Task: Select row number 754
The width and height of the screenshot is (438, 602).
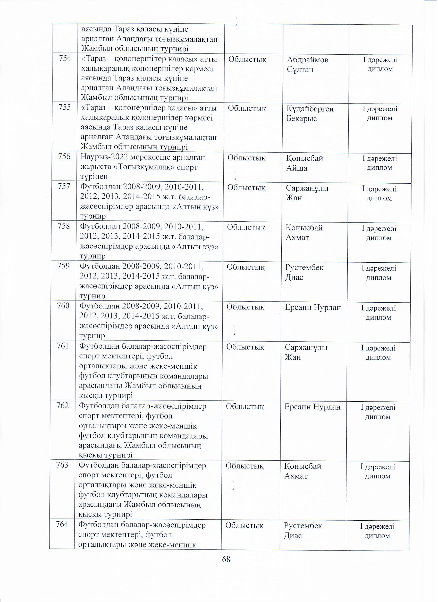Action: pos(65,59)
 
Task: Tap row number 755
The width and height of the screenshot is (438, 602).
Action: pos(65,108)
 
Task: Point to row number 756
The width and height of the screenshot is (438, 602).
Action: pos(64,157)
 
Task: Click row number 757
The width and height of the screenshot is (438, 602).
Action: pos(64,187)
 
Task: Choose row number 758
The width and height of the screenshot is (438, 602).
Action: pos(64,226)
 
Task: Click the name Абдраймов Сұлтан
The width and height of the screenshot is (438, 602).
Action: pos(307,64)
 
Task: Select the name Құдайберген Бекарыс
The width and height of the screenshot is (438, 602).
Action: pos(310,114)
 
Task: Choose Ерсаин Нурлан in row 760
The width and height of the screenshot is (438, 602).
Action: pos(313,308)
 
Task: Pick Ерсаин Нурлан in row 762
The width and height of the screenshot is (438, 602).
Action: pos(312,407)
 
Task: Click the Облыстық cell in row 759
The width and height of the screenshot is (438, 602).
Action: pos(246,267)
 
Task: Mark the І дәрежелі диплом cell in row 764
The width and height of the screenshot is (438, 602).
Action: pos(377,531)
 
